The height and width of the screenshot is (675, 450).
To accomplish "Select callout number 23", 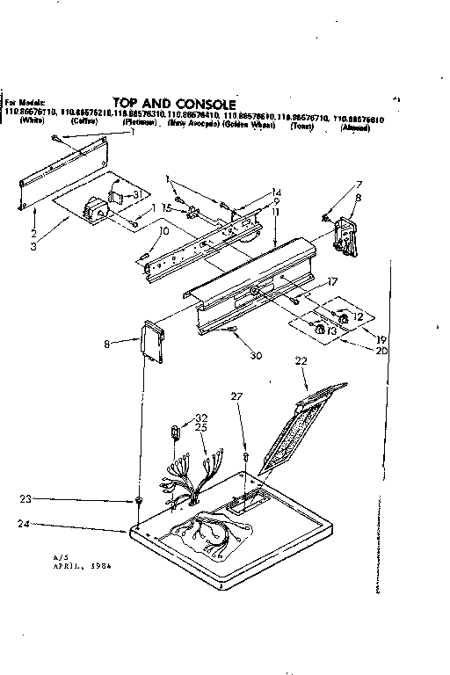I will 29,498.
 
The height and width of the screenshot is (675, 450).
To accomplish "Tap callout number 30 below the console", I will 256,330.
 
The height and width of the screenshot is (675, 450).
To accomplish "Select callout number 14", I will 276,192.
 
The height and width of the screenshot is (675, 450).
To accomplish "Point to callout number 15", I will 166,207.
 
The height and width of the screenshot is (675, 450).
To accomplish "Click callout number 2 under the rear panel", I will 33,235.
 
